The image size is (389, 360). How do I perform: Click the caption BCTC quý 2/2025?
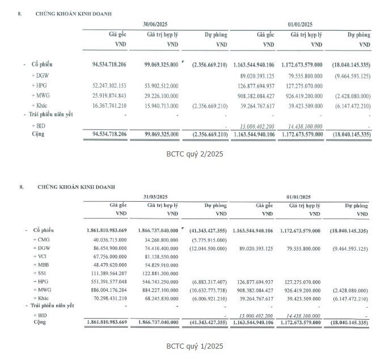(x=195, y=153)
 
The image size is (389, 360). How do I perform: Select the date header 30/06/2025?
(x=157, y=23)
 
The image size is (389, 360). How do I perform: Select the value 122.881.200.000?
(x=157, y=273)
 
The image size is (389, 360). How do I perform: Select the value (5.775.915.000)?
(x=208, y=240)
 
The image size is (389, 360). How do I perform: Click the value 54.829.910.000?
(x=158, y=265)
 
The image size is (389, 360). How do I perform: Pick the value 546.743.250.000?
(x=157, y=282)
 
